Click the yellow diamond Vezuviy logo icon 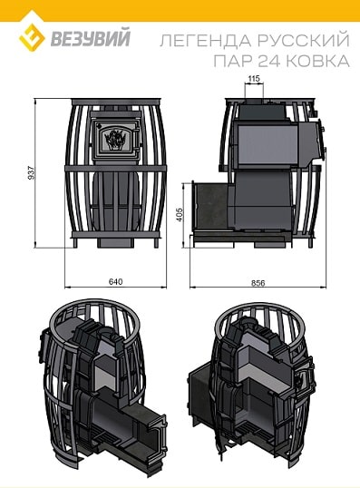tap(32, 37)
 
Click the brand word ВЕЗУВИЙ tap(91, 39)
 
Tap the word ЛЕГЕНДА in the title tap(206, 41)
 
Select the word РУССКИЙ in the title tap(304, 40)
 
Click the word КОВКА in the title tap(317, 61)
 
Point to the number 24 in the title tap(268, 61)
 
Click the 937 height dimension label tap(32, 172)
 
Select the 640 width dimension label tap(115, 281)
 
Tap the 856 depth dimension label tap(258, 283)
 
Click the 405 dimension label tap(180, 215)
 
